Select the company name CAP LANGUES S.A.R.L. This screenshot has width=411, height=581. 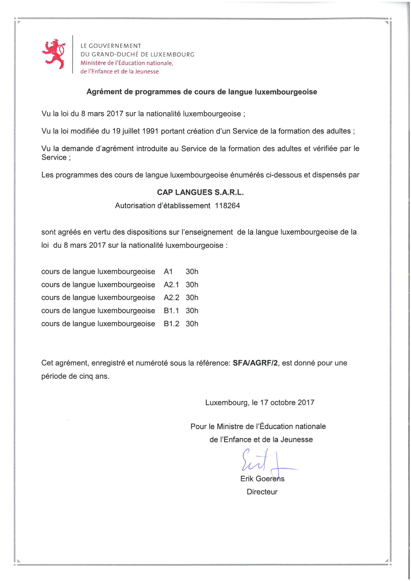[200, 192]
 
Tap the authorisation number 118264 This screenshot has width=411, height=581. [227, 205]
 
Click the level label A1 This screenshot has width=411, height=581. [168, 271]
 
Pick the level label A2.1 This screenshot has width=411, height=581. [171, 285]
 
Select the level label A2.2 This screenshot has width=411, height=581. [171, 298]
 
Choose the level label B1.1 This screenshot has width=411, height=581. [171, 311]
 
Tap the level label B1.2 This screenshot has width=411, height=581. [171, 324]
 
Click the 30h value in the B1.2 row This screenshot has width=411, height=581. [192, 324]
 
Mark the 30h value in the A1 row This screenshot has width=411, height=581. [192, 271]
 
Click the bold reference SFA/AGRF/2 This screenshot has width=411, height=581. [255, 363]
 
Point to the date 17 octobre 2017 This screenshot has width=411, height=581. [287, 402]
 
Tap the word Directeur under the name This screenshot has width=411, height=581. [262, 492]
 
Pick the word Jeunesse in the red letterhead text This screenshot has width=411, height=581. [147, 72]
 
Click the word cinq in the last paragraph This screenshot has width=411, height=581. [86, 376]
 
